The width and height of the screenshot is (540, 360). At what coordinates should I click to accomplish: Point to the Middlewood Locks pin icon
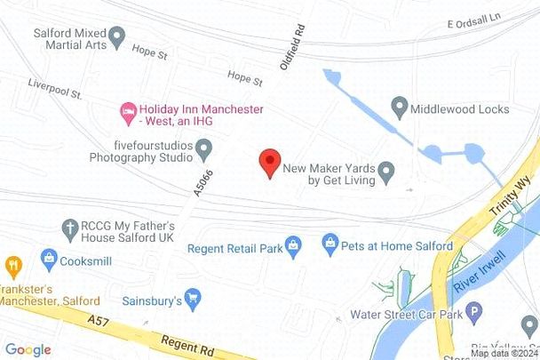click(399, 108)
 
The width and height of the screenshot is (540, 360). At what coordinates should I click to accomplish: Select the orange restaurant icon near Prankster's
click(13, 264)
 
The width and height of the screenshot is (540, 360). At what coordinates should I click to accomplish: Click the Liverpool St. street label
click(54, 92)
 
